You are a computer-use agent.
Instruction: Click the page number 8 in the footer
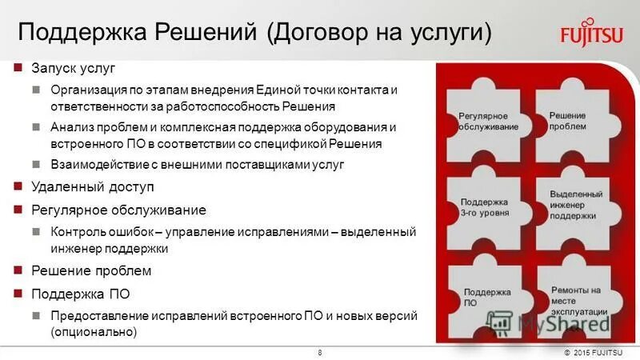(320, 353)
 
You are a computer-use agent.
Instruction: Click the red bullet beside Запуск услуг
(18, 69)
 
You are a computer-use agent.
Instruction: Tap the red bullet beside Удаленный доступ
(18, 186)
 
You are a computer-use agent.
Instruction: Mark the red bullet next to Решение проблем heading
(18, 270)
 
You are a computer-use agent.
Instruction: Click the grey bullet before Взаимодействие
(37, 164)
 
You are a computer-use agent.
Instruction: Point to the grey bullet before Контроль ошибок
(37, 232)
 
